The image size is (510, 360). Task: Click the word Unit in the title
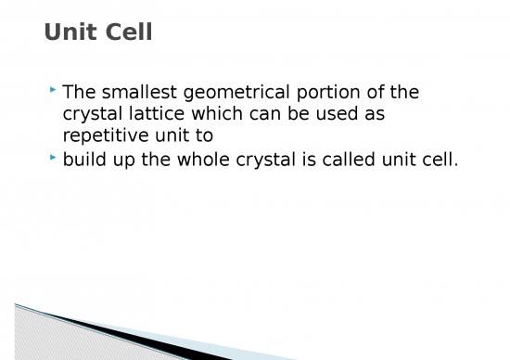(70, 32)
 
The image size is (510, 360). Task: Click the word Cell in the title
(128, 32)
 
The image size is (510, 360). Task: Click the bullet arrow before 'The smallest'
(53, 90)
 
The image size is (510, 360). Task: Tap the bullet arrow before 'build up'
(53, 157)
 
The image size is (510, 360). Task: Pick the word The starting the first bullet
(78, 92)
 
